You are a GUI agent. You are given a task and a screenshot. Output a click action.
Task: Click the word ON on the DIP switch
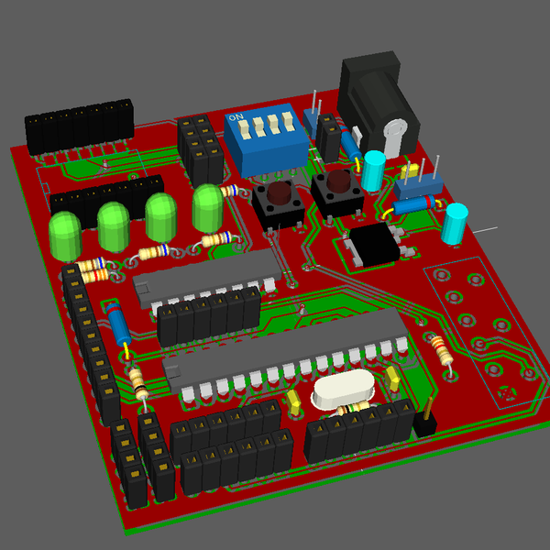click(236, 119)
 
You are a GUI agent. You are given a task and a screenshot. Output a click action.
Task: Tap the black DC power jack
click(376, 96)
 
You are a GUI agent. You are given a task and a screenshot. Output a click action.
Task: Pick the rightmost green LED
click(208, 208)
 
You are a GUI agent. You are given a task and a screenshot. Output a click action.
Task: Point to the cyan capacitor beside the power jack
click(373, 170)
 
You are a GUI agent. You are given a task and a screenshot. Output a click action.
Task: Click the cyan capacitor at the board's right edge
click(454, 225)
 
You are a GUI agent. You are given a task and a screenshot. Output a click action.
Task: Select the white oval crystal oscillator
click(342, 392)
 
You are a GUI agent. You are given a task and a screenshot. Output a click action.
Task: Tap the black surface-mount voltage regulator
click(374, 244)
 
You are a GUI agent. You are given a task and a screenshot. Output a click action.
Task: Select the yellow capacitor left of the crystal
click(294, 401)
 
